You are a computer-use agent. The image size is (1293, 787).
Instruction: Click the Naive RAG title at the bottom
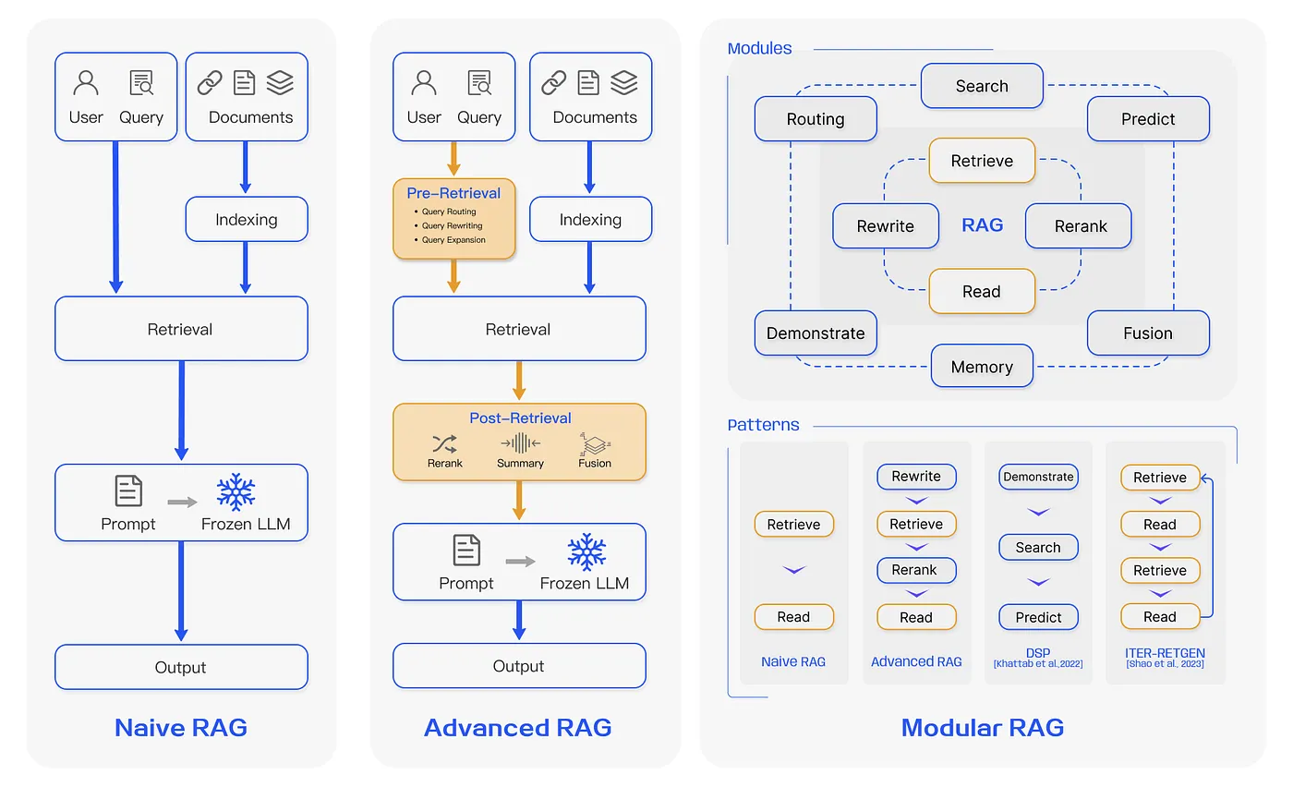tap(181, 727)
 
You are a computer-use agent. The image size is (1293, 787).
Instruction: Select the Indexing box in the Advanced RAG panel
tap(590, 220)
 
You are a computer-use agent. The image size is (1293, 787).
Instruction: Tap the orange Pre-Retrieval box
tap(453, 218)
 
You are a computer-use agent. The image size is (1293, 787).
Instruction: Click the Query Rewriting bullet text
tap(453, 225)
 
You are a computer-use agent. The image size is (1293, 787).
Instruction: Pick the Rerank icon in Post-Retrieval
tap(445, 443)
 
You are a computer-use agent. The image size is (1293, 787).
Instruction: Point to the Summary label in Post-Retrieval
tap(520, 463)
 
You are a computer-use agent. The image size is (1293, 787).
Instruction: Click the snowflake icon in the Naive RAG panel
tap(236, 492)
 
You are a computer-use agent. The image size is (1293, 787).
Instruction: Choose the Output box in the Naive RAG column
tap(181, 667)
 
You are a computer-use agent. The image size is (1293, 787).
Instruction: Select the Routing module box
tap(816, 119)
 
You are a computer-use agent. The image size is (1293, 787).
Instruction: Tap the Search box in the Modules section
tap(982, 86)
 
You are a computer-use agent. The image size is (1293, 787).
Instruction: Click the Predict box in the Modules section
tap(1148, 119)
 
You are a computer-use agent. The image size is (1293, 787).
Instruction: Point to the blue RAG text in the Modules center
tap(982, 225)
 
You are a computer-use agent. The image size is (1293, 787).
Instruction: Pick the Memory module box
tap(982, 367)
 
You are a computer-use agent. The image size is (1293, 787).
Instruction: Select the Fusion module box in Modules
tap(1148, 333)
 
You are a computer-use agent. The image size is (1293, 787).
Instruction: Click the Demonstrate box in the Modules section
tap(816, 333)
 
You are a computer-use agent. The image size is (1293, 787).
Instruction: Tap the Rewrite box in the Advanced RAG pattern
tap(916, 477)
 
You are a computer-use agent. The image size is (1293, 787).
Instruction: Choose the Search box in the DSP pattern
tap(1038, 547)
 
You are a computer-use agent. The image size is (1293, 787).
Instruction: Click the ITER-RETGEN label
tap(1165, 653)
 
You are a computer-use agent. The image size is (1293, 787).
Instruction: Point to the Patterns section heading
tap(764, 426)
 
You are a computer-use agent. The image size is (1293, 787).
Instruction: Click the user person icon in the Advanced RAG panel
tap(424, 84)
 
